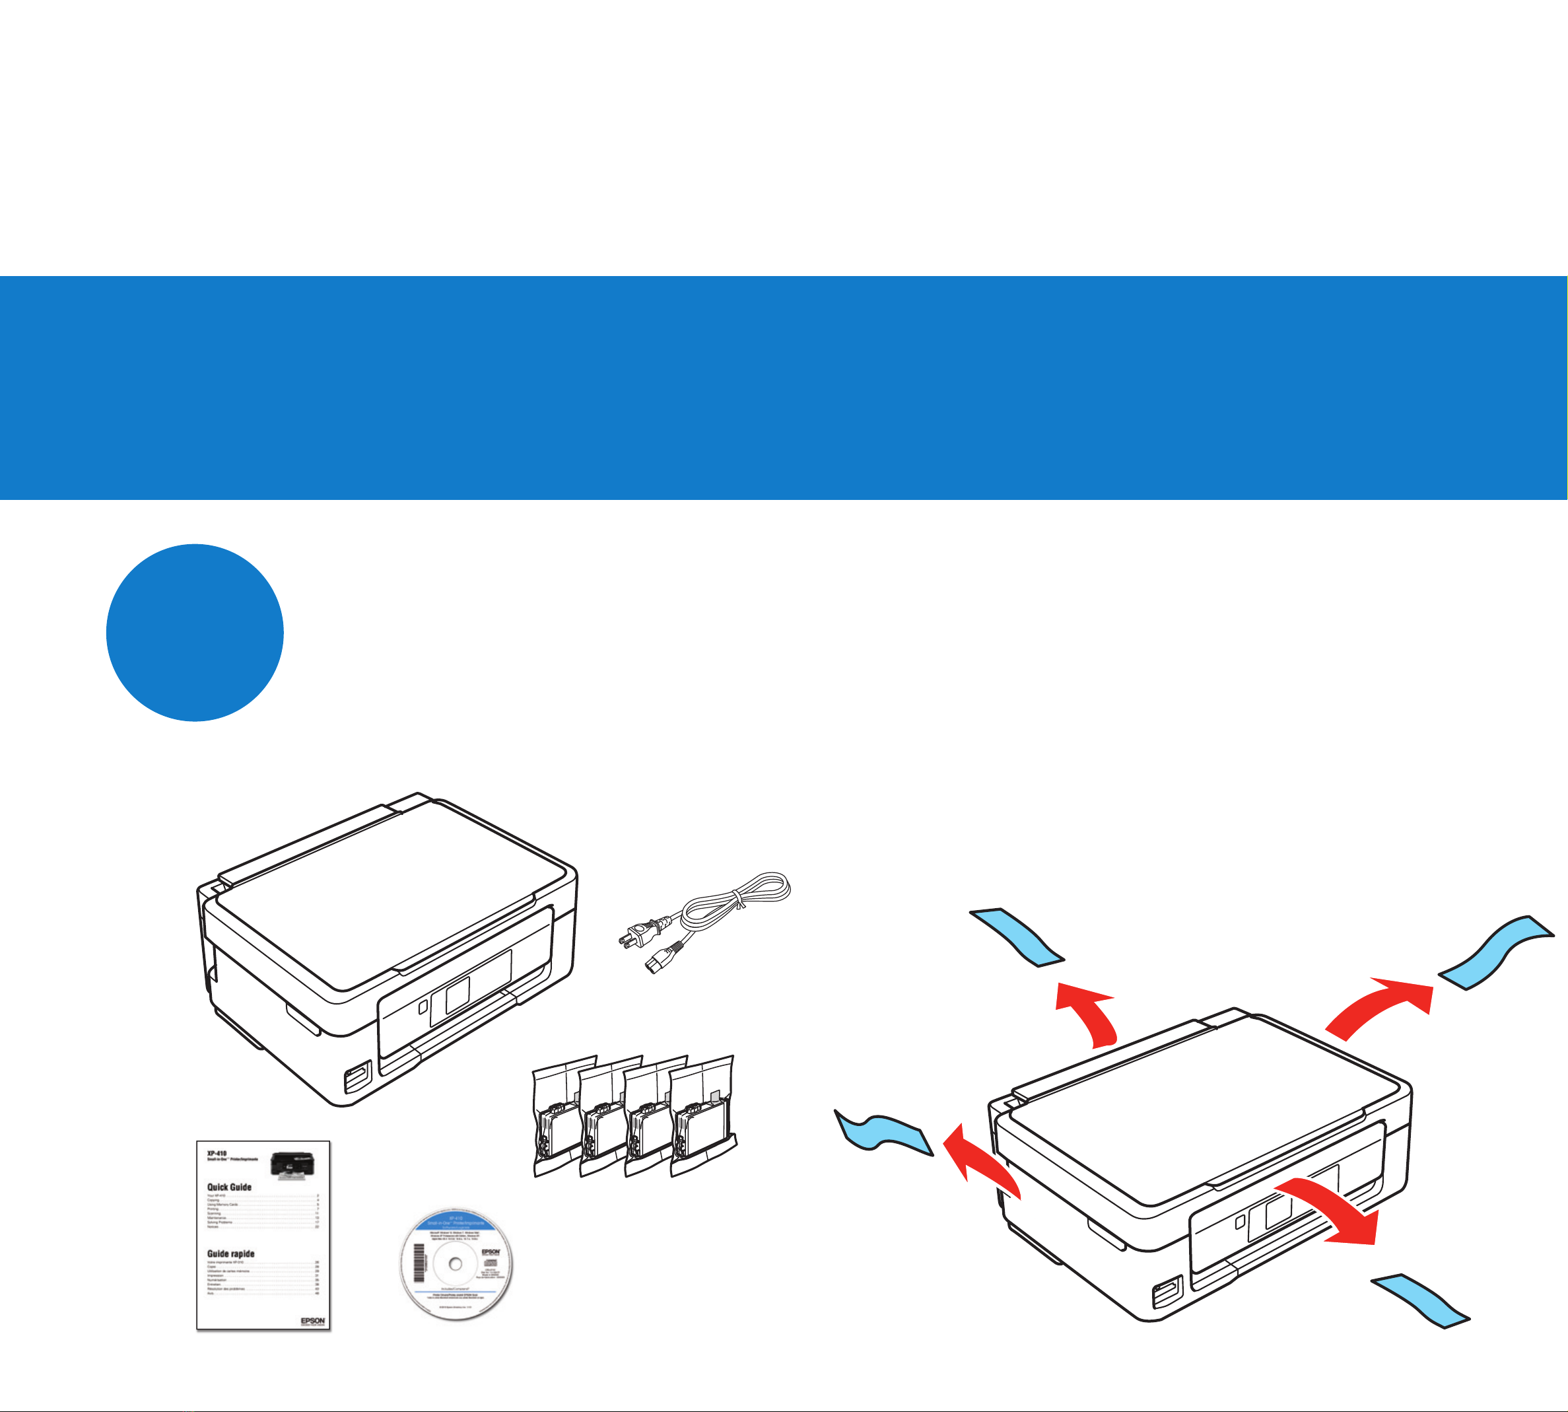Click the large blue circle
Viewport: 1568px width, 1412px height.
[195, 632]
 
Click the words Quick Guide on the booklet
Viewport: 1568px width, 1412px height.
[229, 1187]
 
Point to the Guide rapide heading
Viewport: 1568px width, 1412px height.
[230, 1253]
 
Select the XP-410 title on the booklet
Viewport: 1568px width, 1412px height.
[217, 1154]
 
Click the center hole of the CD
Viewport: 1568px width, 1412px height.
[455, 1264]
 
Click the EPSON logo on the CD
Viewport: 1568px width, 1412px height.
[491, 1252]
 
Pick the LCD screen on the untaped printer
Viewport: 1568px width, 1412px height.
[457, 995]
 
